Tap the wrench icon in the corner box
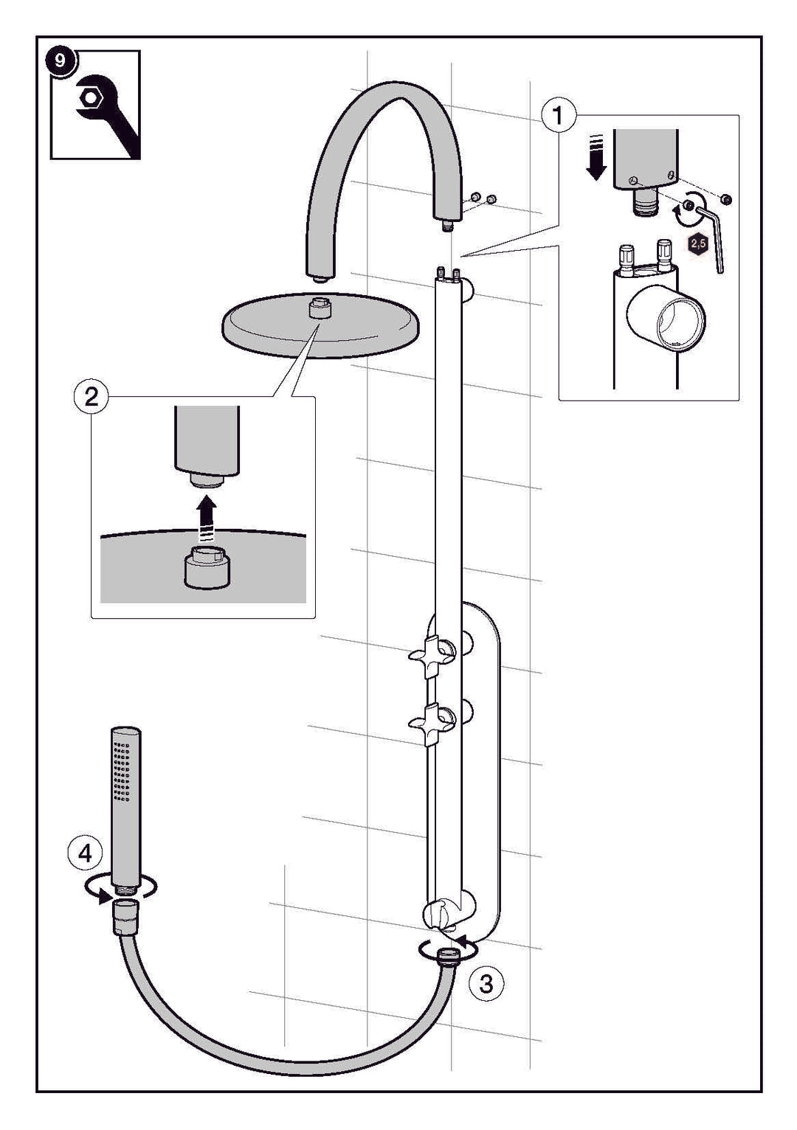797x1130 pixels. coord(103,111)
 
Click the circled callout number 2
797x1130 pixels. coord(92,398)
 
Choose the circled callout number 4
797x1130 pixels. coord(85,853)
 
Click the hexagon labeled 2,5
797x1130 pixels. coord(697,243)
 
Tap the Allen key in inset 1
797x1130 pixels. coord(711,229)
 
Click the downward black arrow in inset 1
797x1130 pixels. coord(596,158)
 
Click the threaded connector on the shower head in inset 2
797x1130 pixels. coord(207,567)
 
